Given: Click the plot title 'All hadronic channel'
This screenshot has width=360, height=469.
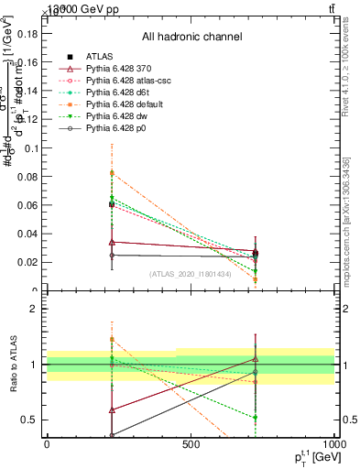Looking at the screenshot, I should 191,37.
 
